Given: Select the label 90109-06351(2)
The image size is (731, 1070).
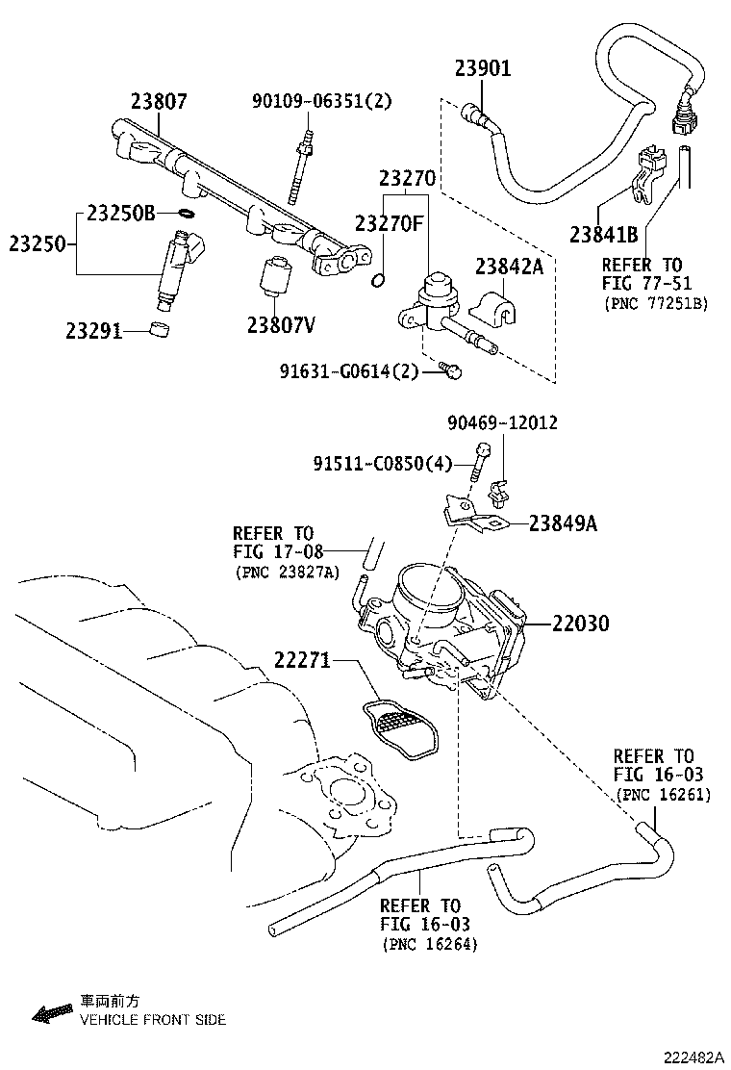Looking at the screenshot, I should point(322,101).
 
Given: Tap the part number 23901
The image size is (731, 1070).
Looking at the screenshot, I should point(483,68).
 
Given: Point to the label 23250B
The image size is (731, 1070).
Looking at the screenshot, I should point(120,214).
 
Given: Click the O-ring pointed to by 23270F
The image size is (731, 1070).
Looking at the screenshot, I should point(379,280).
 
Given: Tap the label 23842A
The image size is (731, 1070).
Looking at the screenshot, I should point(508,267).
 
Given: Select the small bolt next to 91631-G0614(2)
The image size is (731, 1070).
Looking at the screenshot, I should point(450,369).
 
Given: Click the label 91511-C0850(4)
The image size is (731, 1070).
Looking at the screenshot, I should point(382,464).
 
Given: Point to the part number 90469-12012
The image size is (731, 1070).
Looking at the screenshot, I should point(502,423).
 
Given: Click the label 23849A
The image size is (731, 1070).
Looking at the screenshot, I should point(562,523).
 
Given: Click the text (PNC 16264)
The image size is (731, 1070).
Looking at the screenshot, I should point(429,944).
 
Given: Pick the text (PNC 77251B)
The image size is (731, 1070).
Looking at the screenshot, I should point(656,303).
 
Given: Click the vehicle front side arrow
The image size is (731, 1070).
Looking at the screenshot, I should point(53,1011).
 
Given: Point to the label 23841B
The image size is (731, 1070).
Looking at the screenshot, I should point(603,234).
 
